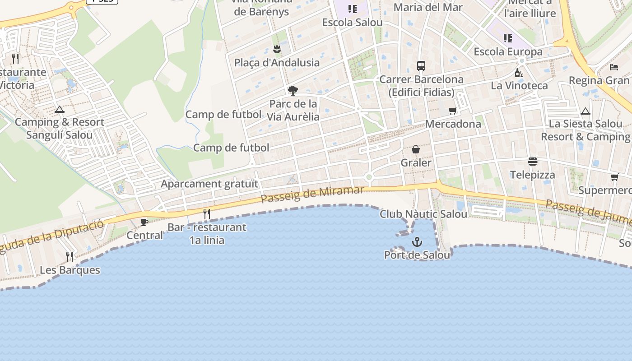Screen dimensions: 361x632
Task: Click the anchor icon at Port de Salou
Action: point(417,243)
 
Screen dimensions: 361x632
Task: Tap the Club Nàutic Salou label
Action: point(423,214)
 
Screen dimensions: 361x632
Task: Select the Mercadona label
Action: point(453,124)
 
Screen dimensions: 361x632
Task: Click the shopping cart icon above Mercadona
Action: point(452,111)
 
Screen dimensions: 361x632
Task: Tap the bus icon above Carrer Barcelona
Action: point(421,66)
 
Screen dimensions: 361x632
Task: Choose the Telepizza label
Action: point(533,175)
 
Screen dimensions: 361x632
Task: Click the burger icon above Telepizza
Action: point(533,162)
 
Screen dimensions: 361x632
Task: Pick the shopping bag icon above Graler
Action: point(416,149)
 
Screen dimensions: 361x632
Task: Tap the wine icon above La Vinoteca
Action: point(519,73)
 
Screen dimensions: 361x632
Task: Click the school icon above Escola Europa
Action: point(508,38)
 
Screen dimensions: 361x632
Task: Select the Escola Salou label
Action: point(352,22)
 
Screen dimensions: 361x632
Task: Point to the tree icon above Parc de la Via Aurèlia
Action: point(293,91)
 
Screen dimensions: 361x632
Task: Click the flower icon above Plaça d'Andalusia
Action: point(277,49)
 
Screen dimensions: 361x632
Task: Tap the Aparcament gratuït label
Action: point(209,184)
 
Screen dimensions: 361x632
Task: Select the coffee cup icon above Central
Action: point(144,222)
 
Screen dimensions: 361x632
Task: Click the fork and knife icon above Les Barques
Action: point(70,257)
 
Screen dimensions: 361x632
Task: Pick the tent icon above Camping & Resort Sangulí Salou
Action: point(59,109)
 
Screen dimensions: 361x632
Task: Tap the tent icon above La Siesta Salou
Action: point(586,111)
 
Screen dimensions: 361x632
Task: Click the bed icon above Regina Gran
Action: point(613,67)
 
